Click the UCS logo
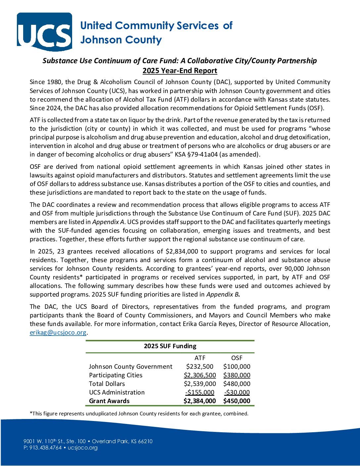click(44, 32)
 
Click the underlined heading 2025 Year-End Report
click(180, 71)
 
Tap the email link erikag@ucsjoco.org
click(58, 333)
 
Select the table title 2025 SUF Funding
click(170, 346)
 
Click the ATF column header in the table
click(200, 358)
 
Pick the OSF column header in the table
click(237, 358)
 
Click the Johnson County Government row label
click(130, 367)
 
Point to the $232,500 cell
click(200, 367)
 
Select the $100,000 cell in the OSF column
click(237, 367)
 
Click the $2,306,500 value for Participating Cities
click(200, 375)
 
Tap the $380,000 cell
click(237, 375)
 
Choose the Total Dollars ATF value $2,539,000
click(200, 384)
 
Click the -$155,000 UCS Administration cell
click(200, 393)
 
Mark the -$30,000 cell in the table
click(237, 393)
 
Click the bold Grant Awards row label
click(109, 401)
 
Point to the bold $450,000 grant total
click(237, 401)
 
